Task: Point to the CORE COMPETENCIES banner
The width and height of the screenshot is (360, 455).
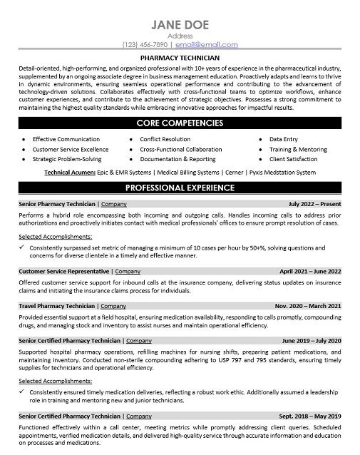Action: pyautogui.click(x=180, y=123)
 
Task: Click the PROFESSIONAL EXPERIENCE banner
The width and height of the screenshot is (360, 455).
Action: pyautogui.click(x=180, y=188)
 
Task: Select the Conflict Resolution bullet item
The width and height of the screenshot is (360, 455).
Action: pyautogui.click(x=165, y=139)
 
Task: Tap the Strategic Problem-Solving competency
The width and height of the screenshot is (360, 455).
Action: pyautogui.click(x=71, y=159)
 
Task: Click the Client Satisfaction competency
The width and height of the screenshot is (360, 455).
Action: pyautogui.click(x=293, y=159)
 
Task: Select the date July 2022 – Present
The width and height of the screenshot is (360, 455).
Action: pyautogui.click(x=314, y=204)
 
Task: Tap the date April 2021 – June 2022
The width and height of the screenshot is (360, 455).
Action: pyautogui.click(x=310, y=272)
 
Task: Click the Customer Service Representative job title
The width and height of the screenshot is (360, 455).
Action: pyautogui.click(x=65, y=272)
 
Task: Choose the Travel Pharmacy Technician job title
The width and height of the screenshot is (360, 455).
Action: pyautogui.click(x=56, y=306)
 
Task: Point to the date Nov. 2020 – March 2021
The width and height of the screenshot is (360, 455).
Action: pyautogui.click(x=308, y=306)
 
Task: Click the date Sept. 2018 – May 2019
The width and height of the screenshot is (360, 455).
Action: pyautogui.click(x=310, y=416)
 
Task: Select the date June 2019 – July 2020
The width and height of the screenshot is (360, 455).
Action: pyautogui.click(x=312, y=341)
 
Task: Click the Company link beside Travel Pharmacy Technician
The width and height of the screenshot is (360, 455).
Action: pyautogui.click(x=111, y=306)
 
